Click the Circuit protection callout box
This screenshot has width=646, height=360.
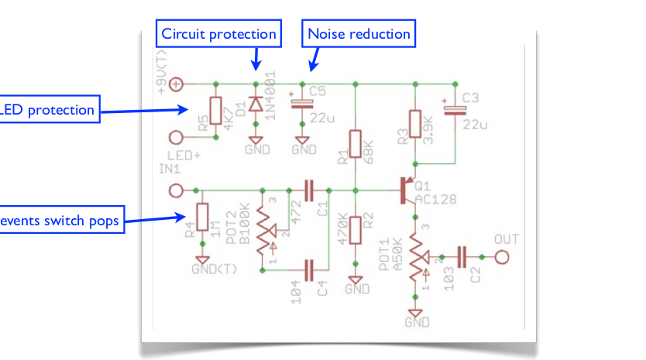pos(218,34)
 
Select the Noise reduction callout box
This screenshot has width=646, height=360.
pos(359,34)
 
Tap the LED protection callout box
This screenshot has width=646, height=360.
pos(48,110)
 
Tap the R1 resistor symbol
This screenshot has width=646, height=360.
pos(355,144)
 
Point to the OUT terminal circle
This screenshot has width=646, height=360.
pos(503,256)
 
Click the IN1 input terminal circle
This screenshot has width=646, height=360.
pos(177,190)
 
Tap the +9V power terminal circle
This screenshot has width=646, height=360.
pos(177,84)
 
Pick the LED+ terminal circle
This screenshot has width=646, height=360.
pos(177,137)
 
